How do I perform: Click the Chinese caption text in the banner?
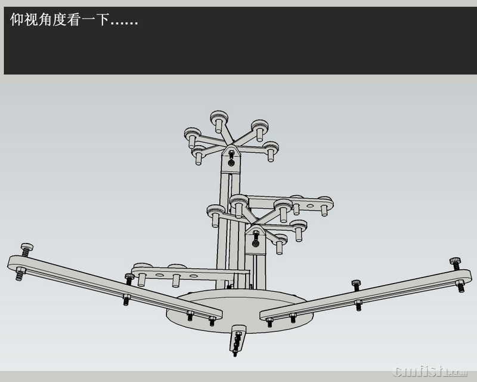(x=74, y=20)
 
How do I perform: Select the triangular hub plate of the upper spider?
(x=231, y=157)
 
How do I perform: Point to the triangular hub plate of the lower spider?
(x=256, y=235)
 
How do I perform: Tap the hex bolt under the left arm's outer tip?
(x=19, y=275)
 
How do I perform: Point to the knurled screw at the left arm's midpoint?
(x=129, y=277)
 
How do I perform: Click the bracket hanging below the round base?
(x=238, y=338)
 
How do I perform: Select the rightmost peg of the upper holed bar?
(x=324, y=207)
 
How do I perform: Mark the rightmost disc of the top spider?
(x=271, y=147)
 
